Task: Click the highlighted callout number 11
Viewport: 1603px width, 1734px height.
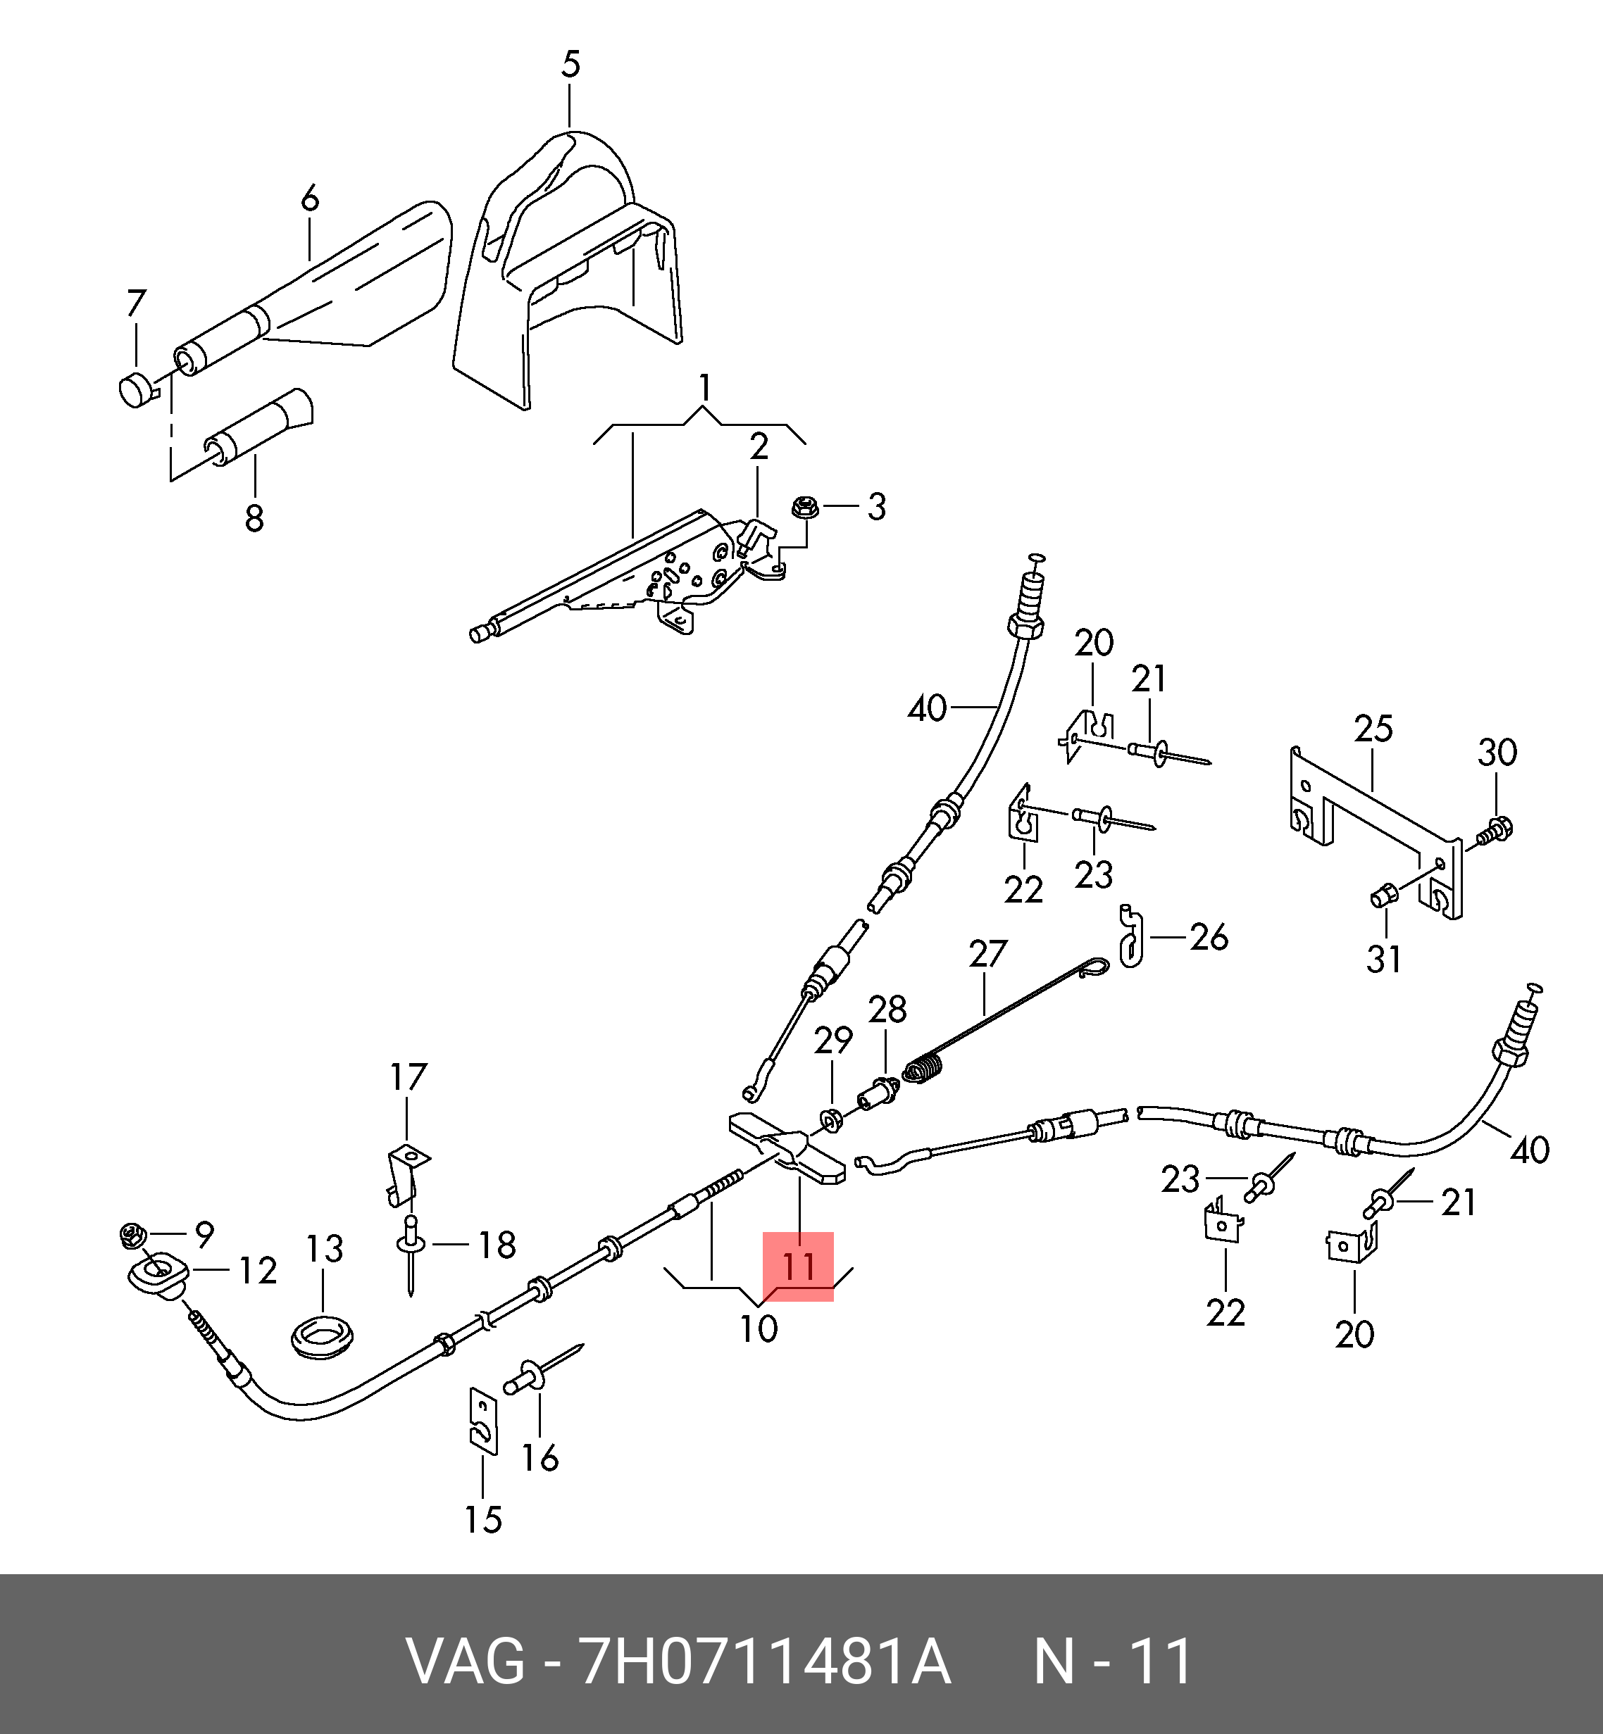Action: pos(798,1267)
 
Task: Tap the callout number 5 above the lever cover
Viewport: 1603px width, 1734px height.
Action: pos(570,64)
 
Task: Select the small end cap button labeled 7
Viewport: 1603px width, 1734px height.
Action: pos(135,389)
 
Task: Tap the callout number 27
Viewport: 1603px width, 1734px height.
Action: pos(987,955)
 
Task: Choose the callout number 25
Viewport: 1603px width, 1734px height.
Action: pos(1373,729)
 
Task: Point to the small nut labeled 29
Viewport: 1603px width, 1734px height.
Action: pos(831,1121)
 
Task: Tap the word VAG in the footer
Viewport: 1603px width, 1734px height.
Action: pos(466,1661)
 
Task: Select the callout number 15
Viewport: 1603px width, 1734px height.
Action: pos(483,1520)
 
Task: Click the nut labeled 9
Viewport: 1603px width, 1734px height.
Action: pos(132,1235)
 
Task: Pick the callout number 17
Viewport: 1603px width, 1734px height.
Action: pos(408,1077)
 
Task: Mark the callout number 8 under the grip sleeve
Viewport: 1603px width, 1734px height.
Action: pos(254,518)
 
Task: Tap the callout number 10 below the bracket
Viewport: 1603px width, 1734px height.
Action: pos(758,1328)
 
